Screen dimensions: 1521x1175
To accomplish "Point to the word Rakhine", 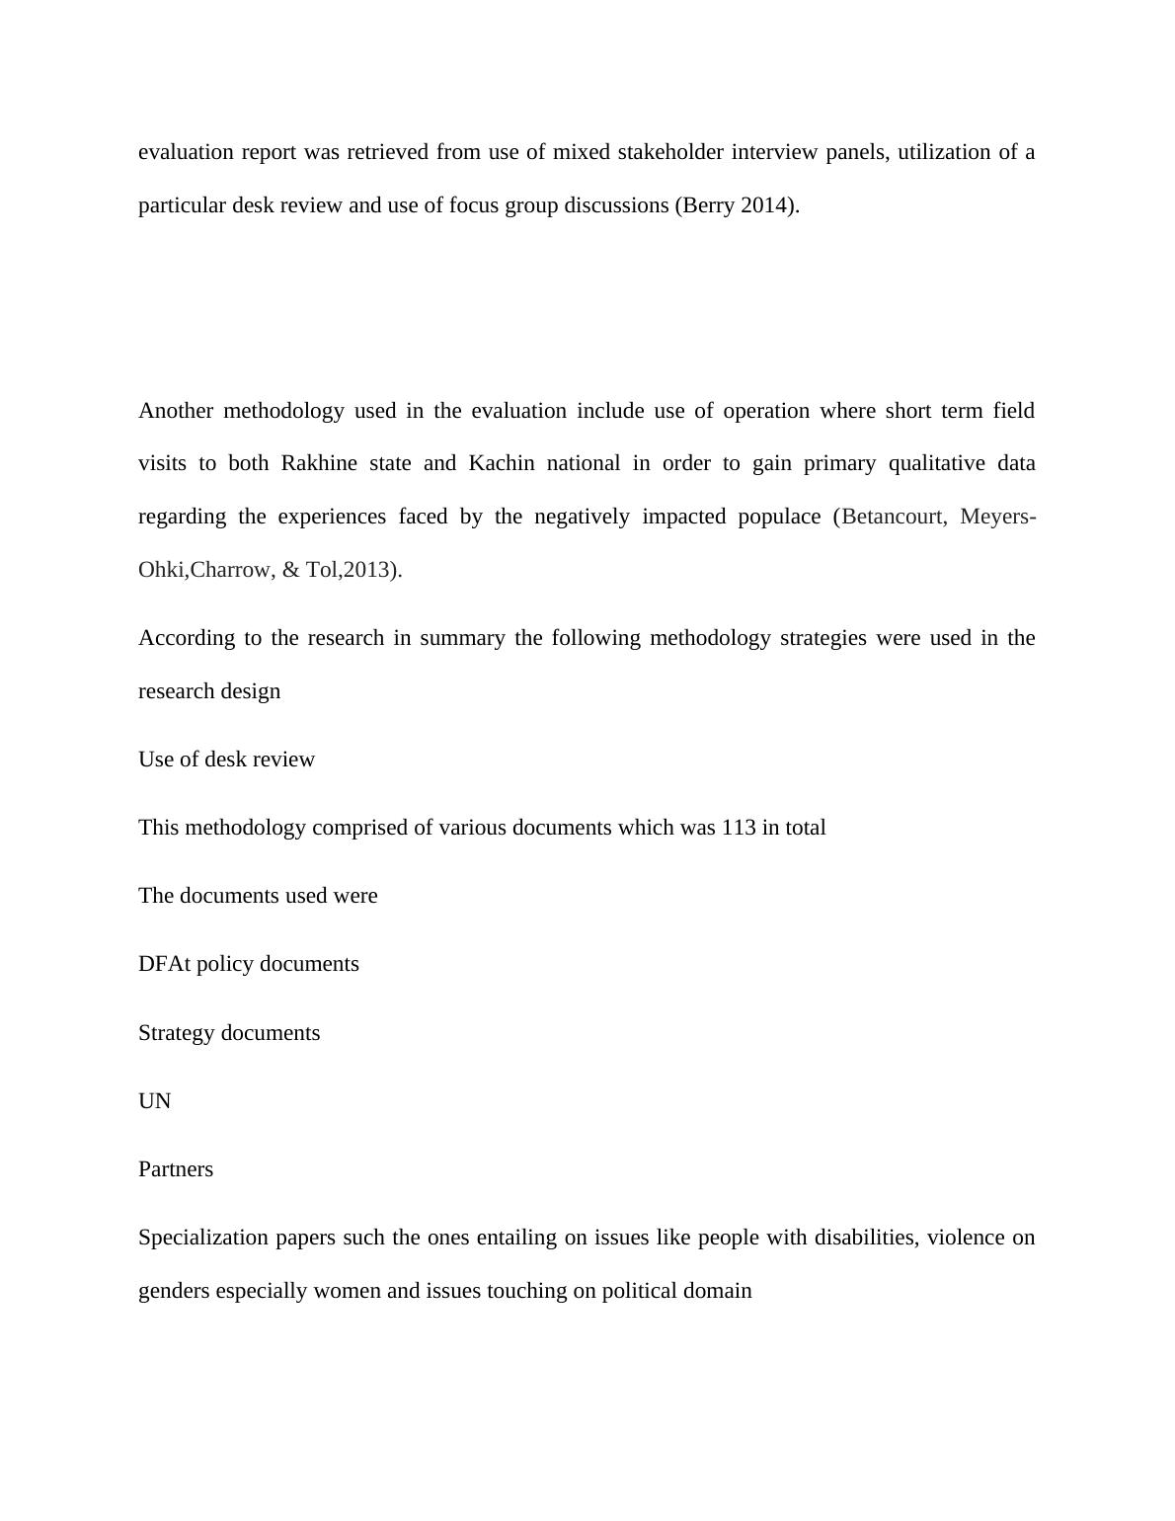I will [318, 463].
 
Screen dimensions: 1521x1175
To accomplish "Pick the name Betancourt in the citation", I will [893, 517].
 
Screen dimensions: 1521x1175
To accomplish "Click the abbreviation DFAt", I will [164, 964].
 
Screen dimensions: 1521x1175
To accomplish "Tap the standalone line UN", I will [155, 1101].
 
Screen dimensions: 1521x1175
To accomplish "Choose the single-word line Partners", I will [176, 1169].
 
